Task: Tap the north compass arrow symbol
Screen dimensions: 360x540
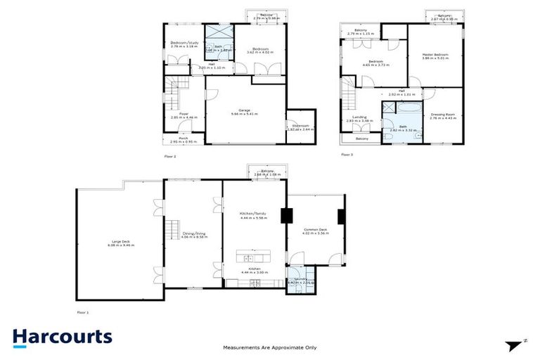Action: pyautogui.click(x=515, y=344)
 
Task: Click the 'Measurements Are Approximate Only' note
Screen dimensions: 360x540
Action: pyautogui.click(x=269, y=347)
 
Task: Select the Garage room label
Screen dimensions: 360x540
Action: pyautogui.click(x=245, y=110)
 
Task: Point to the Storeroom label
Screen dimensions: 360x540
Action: pyautogui.click(x=299, y=127)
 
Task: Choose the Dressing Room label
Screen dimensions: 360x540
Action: pyautogui.click(x=442, y=115)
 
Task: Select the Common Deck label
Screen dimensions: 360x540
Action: pyautogui.click(x=315, y=230)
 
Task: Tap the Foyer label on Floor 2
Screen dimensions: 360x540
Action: pyautogui.click(x=183, y=114)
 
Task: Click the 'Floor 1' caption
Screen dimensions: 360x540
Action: pyautogui.click(x=83, y=311)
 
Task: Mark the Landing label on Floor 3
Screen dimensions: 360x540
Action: pyautogui.click(x=359, y=117)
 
